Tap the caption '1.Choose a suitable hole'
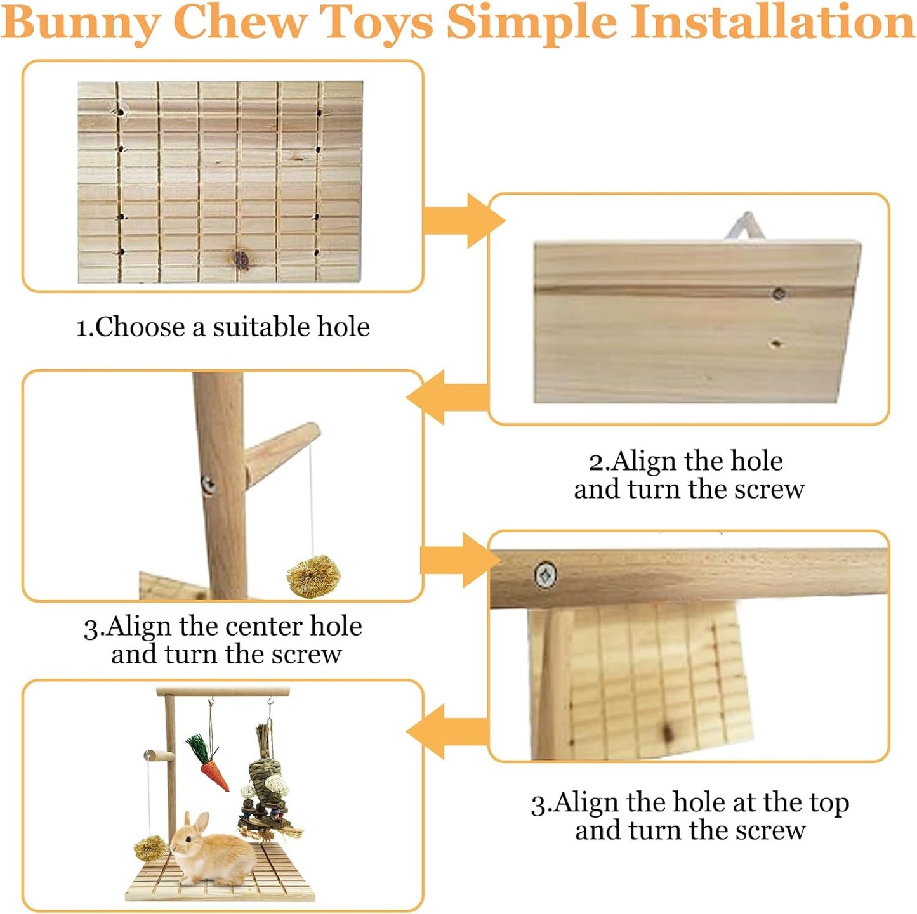point(223,327)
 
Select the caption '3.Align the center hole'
point(223,627)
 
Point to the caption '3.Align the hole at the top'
point(690,803)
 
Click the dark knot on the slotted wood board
point(241,258)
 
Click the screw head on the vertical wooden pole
point(208,485)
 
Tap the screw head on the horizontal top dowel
point(545,575)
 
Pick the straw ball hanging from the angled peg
point(313,576)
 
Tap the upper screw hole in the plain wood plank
point(779,293)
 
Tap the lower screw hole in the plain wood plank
point(775,344)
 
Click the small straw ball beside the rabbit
point(150,848)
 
